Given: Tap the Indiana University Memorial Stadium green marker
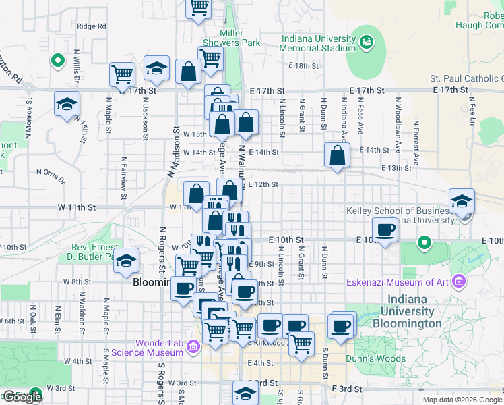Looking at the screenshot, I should coord(367,43).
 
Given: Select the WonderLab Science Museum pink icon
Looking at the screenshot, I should coord(193,348).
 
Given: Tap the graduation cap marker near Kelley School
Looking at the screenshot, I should coord(462,201).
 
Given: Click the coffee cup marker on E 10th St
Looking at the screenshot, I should coord(385,230).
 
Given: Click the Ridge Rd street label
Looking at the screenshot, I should coord(92,26).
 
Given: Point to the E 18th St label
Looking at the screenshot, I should coord(303,65).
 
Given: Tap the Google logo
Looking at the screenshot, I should coord(22,397).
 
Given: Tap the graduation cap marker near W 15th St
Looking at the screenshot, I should coord(67,104).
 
